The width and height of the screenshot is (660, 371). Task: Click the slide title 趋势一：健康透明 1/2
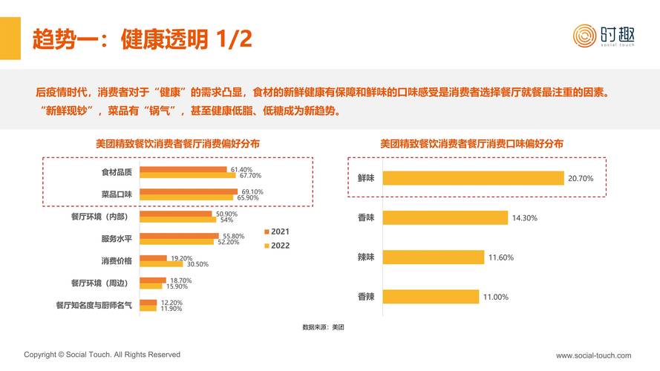141,39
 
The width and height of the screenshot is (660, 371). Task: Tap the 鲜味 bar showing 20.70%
474,178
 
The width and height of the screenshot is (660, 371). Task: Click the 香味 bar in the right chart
445,218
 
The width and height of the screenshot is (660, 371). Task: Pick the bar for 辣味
434,257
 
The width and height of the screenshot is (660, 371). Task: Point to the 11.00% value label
496,297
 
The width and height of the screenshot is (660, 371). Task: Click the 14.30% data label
523,218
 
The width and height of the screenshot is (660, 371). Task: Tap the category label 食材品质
117,172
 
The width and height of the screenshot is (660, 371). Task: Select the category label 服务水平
117,239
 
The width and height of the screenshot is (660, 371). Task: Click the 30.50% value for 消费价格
197,264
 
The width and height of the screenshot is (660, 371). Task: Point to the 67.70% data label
250,176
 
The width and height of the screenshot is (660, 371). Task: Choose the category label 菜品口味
117,194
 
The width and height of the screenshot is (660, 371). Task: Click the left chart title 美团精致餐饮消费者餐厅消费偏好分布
177,143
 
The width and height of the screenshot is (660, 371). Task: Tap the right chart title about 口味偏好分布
471,143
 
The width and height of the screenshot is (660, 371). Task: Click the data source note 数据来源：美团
323,327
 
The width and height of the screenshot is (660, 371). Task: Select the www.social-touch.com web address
593,355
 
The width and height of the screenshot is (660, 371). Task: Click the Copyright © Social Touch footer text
102,355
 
